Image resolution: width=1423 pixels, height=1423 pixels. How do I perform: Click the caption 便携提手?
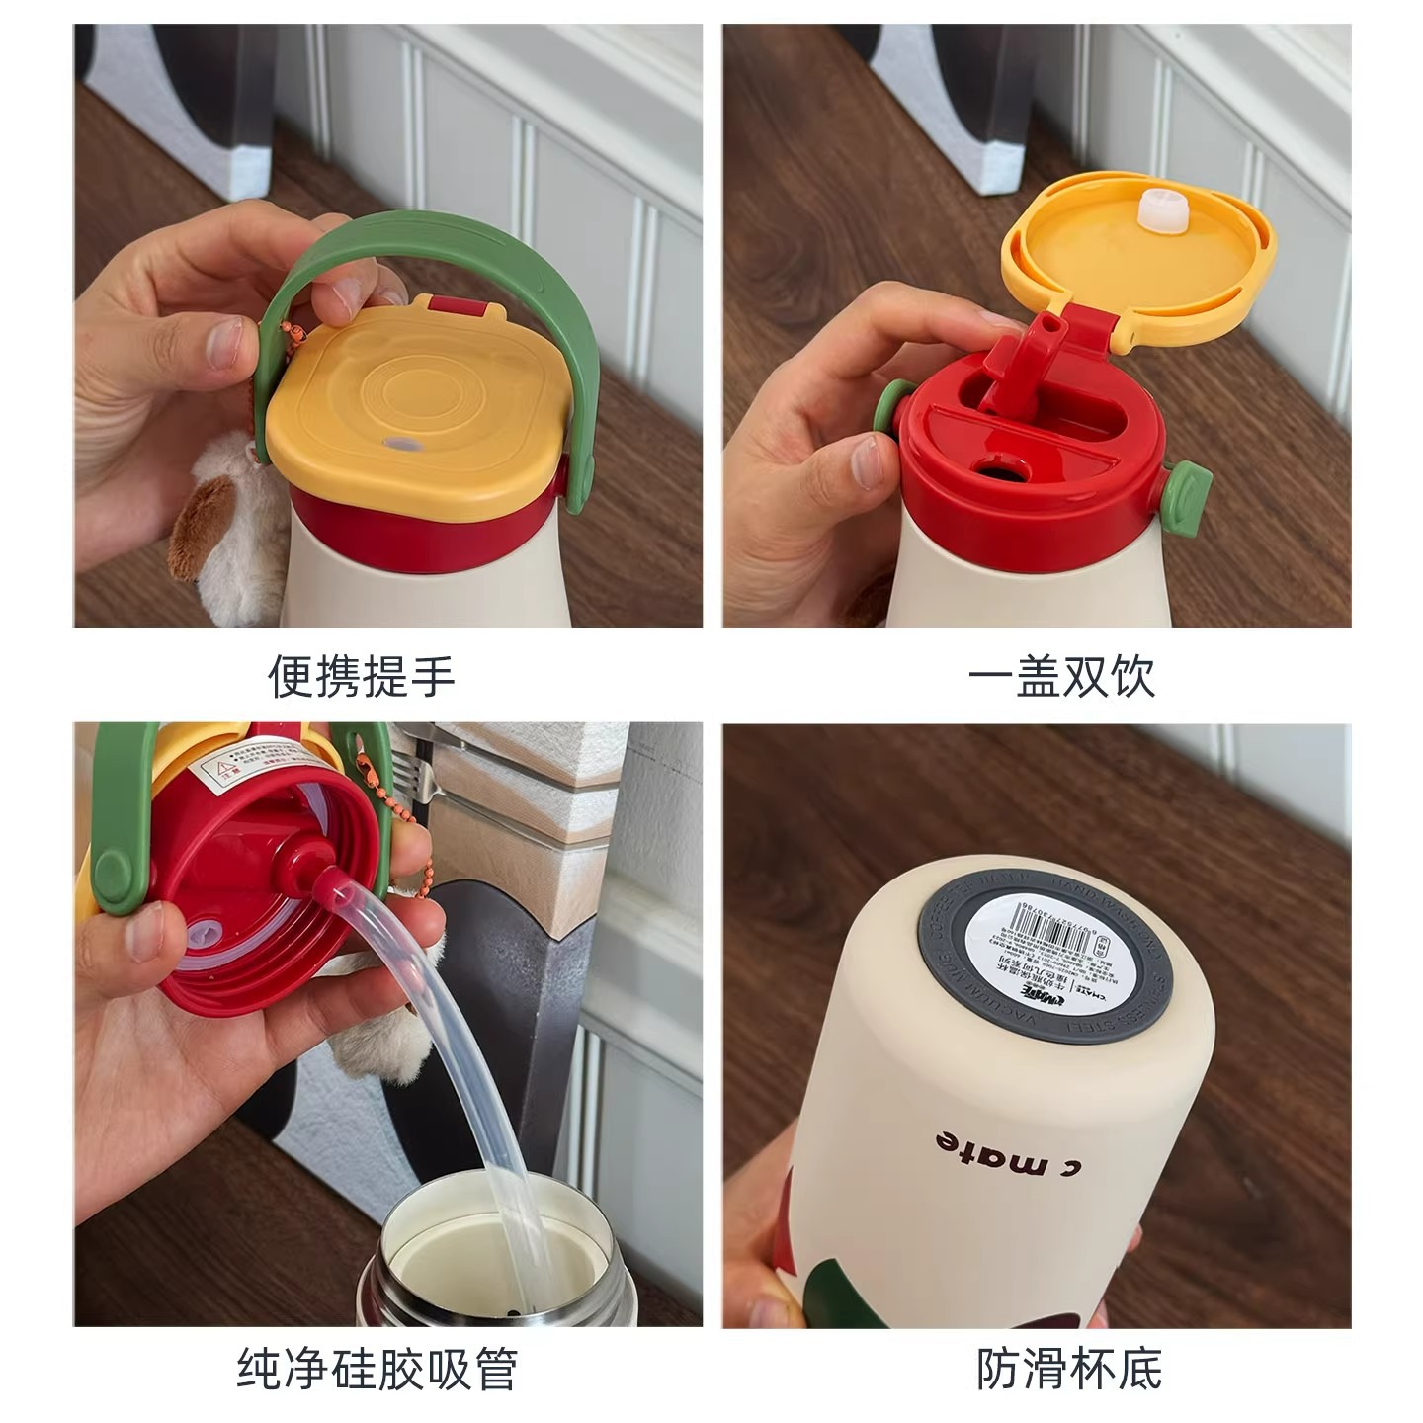(x=361, y=678)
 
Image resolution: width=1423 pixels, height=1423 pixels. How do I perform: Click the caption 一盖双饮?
(x=1060, y=678)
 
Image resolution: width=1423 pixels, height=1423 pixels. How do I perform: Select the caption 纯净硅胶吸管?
(x=377, y=1370)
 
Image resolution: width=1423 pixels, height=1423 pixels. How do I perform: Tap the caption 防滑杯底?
(x=1069, y=1370)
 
